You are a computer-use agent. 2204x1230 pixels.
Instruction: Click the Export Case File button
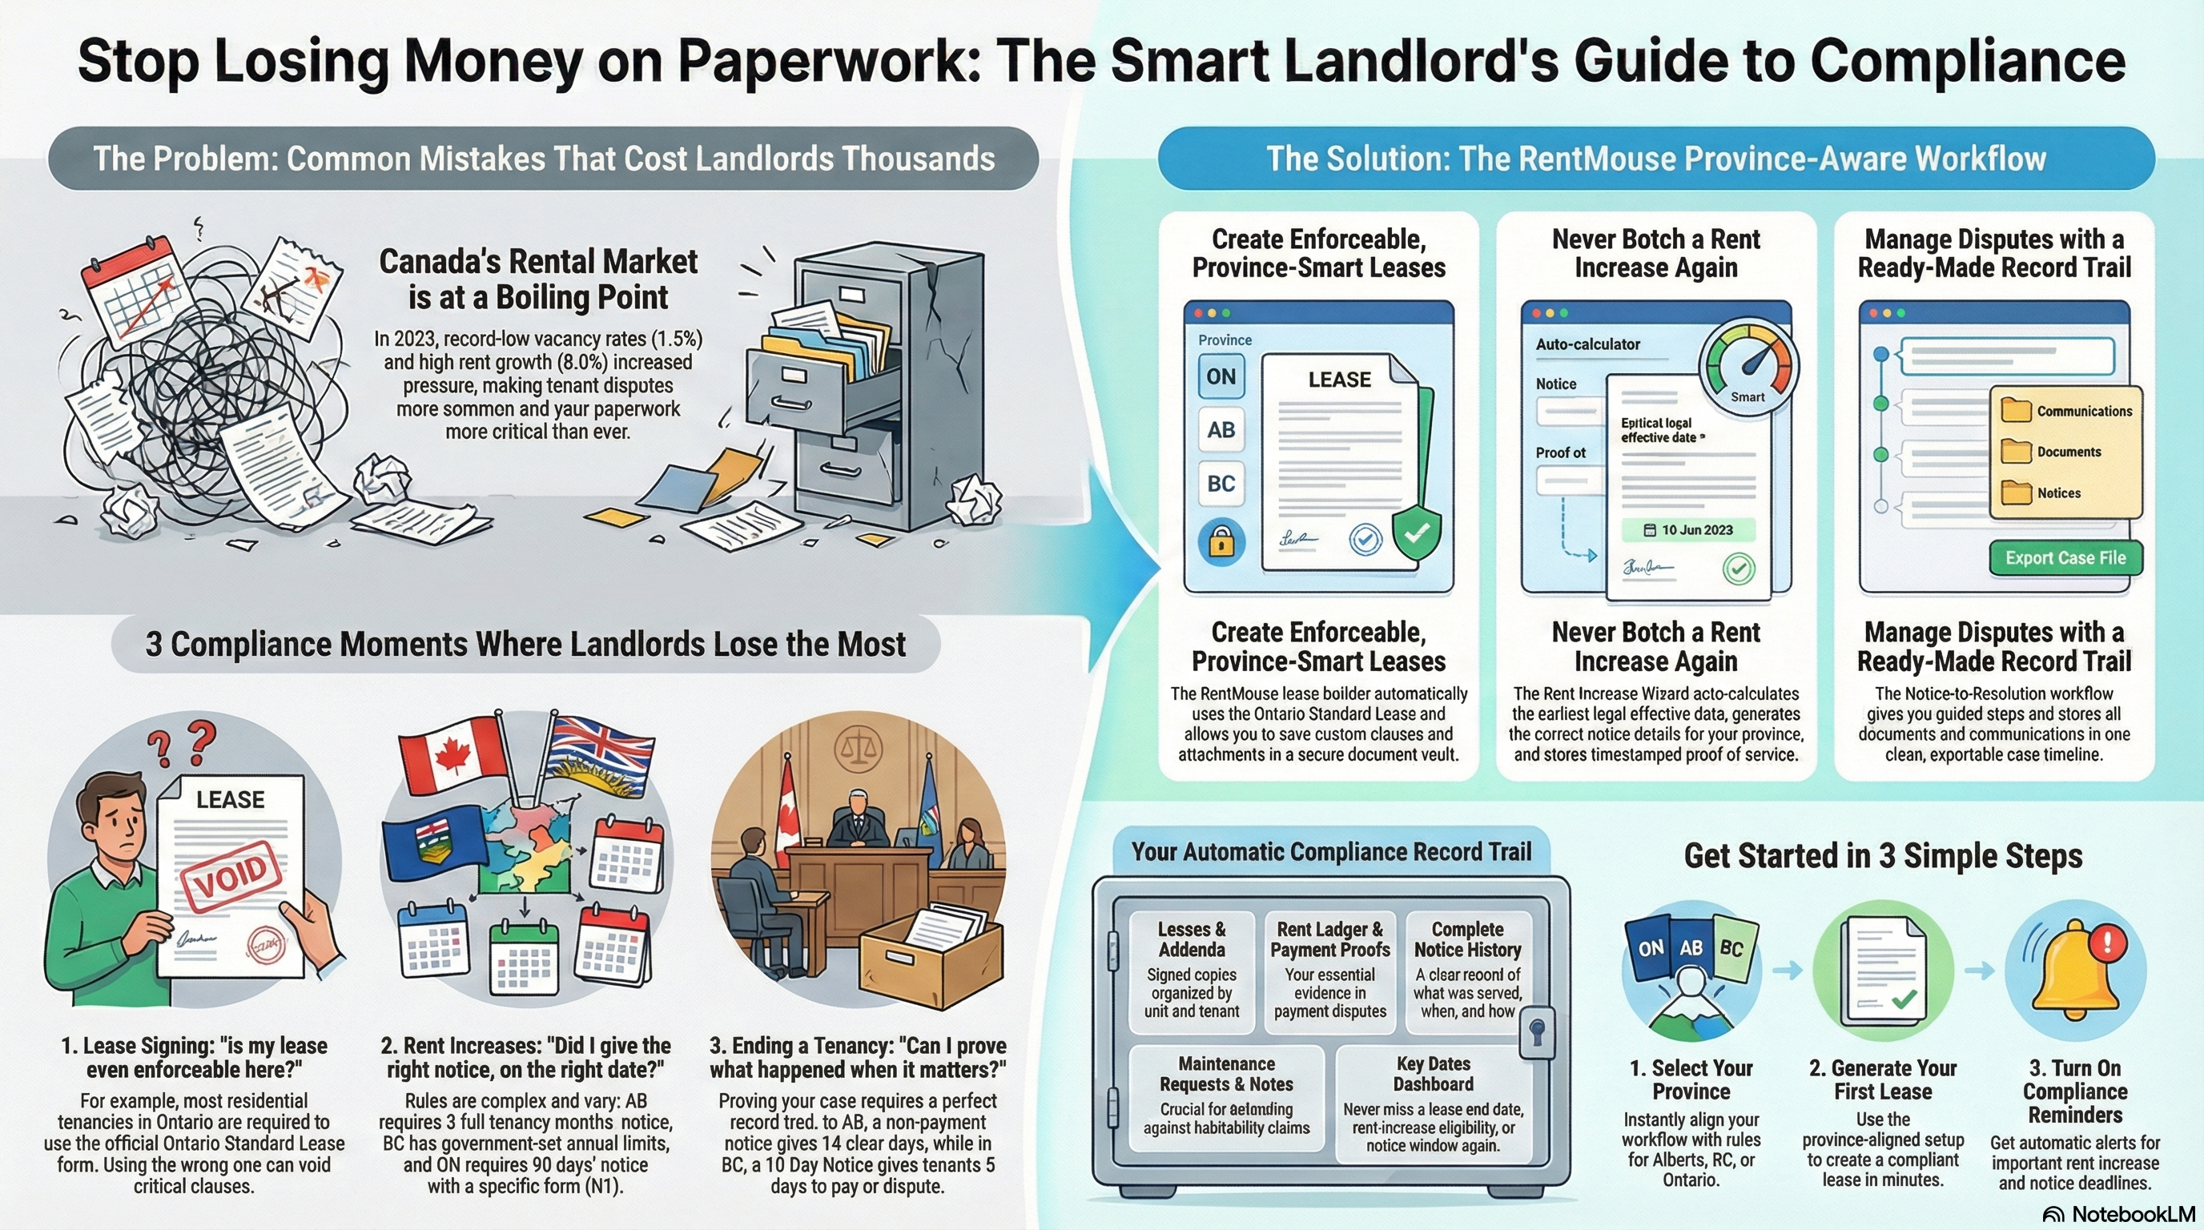(x=2065, y=557)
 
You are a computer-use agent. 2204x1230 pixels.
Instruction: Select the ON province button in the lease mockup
(x=1221, y=376)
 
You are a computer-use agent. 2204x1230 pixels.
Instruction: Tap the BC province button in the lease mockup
(x=1221, y=484)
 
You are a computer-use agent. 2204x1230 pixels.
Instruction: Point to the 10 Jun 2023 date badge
(x=1688, y=530)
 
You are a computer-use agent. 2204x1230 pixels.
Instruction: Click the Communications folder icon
(x=2016, y=411)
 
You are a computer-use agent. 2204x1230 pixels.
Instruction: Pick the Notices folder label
(x=2058, y=493)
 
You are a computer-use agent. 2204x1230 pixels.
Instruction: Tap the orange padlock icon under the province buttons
(x=1221, y=541)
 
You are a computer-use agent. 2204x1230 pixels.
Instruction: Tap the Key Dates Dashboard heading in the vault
(x=1433, y=1075)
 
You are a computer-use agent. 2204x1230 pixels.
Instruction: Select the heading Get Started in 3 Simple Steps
(x=1883, y=856)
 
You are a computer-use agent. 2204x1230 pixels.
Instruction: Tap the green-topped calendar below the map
(x=524, y=961)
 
